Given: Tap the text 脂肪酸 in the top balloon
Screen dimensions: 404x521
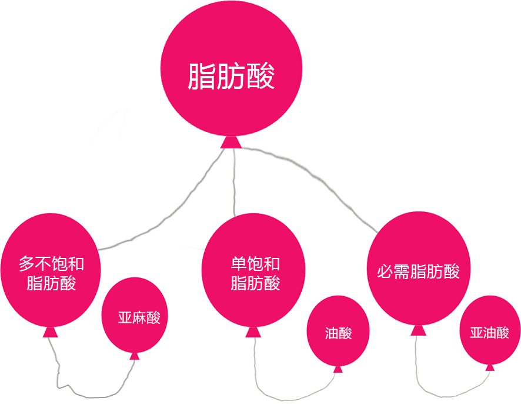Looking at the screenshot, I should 231,77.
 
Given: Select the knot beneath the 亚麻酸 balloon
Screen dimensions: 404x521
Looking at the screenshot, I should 135,355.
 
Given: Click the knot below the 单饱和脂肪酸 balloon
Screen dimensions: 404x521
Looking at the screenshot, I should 253,332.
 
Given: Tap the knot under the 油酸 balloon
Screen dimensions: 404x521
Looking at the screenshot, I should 338,369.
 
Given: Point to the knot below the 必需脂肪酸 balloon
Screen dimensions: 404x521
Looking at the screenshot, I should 418,329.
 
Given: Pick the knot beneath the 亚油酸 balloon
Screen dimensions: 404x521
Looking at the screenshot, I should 490,367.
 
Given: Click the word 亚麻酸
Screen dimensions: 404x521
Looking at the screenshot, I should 139,317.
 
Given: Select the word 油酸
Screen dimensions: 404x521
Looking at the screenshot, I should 338,333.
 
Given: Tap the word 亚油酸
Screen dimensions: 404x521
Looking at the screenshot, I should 489,333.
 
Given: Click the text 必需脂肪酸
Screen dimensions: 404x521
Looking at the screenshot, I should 418,271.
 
